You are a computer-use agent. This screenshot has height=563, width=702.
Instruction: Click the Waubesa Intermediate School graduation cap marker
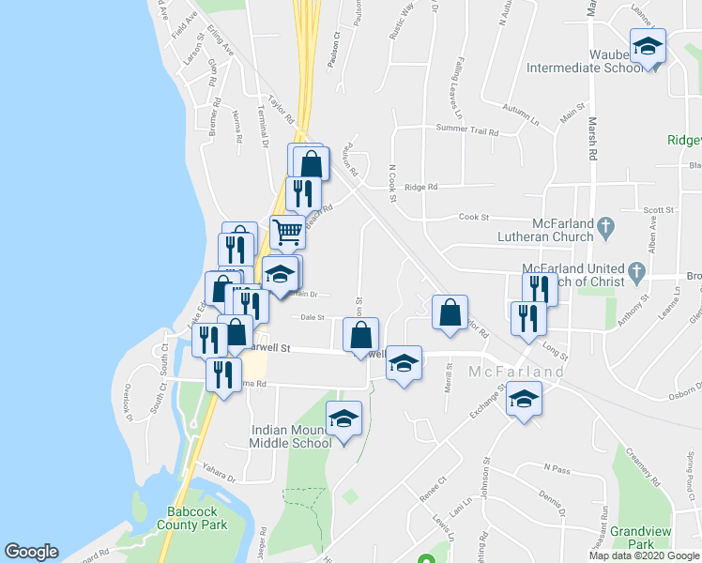(x=648, y=47)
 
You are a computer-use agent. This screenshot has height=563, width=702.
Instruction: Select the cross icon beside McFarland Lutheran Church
(x=606, y=226)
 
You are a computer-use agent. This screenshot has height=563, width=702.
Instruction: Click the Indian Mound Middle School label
(x=290, y=436)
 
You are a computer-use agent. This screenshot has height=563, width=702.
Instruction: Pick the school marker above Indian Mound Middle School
(x=343, y=418)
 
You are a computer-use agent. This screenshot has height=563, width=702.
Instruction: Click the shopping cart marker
(x=287, y=230)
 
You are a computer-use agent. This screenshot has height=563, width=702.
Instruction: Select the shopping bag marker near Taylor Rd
(x=450, y=311)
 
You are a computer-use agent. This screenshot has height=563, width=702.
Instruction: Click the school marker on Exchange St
(x=524, y=400)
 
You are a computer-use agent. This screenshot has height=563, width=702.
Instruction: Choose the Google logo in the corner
(x=31, y=552)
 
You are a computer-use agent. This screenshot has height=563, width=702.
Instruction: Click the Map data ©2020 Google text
(x=644, y=555)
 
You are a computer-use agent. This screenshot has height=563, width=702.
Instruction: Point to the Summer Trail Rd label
(x=466, y=129)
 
